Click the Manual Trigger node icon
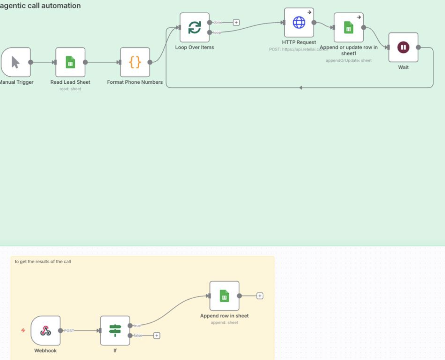16,62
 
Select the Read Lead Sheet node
70,62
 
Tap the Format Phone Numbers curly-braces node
135,62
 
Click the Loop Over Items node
194,27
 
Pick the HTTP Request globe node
299,23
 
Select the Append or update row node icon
348,28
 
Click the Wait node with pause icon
403,47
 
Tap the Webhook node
45,330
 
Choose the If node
115,330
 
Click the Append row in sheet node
224,296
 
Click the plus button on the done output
236,23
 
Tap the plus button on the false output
157,335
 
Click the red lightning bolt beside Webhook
23,330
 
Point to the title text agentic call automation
40,6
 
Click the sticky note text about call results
43,261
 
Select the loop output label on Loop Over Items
217,33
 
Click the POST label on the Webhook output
69,330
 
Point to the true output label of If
137,326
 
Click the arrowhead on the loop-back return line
301,88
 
